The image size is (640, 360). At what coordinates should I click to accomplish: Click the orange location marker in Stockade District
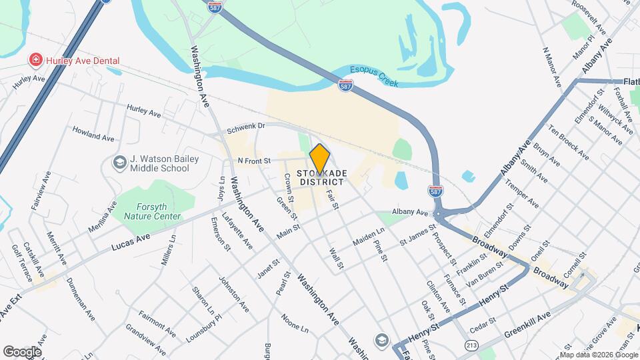click(x=319, y=159)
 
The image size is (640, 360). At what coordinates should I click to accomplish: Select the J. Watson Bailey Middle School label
click(x=159, y=163)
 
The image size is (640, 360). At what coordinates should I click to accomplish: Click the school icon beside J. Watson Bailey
click(x=119, y=163)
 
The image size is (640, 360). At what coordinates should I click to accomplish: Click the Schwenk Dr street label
click(x=245, y=126)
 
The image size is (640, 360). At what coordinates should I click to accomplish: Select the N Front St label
click(x=254, y=161)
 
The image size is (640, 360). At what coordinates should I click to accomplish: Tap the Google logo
click(x=22, y=351)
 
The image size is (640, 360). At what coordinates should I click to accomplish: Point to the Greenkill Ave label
click(x=527, y=325)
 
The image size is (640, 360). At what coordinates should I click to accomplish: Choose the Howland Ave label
click(x=93, y=133)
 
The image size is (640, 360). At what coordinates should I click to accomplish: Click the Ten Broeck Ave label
click(x=569, y=142)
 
